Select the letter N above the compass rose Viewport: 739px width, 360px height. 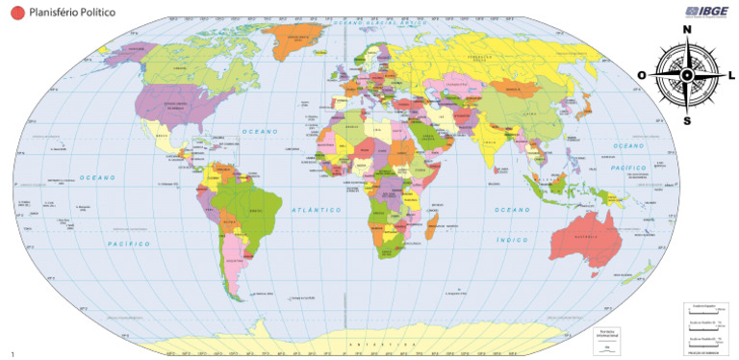point(687,30)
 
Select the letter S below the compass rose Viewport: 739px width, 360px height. point(687,121)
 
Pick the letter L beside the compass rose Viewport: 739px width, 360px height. point(731,75)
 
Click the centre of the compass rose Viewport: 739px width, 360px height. point(687,75)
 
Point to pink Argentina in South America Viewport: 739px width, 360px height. point(235,260)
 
